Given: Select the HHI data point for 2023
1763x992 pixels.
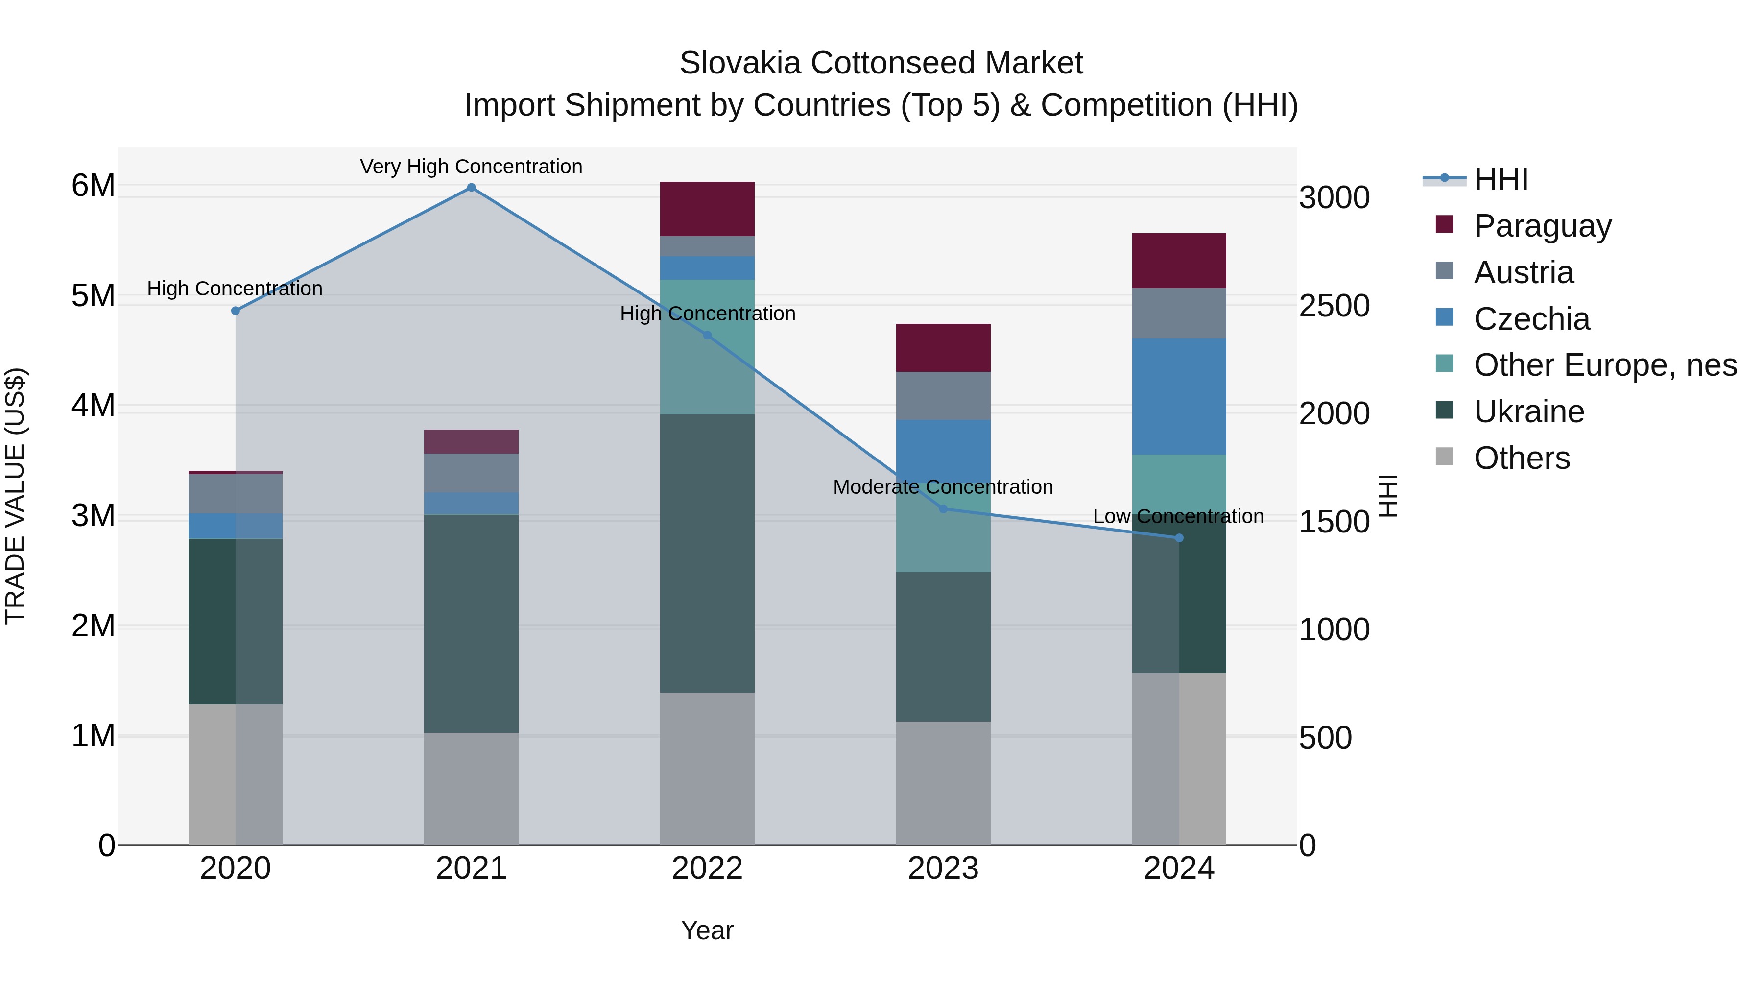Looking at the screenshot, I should click(x=943, y=508).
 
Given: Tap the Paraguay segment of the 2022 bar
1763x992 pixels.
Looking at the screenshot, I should click(x=707, y=209).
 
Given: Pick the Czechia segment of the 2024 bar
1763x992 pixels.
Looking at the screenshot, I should click(x=1179, y=396).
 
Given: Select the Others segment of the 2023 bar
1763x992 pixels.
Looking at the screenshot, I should click(x=943, y=782).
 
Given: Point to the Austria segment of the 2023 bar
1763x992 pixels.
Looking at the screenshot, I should click(x=943, y=396).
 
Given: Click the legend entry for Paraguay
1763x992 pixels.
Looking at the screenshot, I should click(x=1542, y=226).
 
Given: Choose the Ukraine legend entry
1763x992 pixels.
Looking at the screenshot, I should click(x=1528, y=412).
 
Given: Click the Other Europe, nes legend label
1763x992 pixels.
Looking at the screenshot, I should click(x=1605, y=365).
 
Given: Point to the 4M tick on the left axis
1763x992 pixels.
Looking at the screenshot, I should click(x=93, y=405).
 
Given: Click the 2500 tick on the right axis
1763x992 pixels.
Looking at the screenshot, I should click(x=1334, y=306).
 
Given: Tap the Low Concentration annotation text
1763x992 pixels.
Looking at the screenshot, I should click(x=1178, y=516).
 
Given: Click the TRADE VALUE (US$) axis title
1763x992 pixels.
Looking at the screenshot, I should click(x=15, y=496).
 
